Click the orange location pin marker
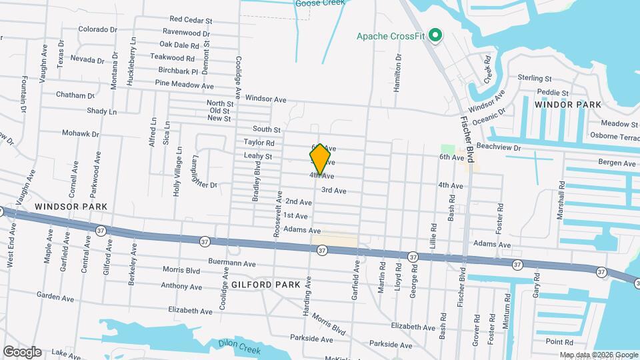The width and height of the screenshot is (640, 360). click(321, 159)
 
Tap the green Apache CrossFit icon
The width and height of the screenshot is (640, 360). click(436, 35)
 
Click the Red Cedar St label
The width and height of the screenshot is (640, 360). click(191, 20)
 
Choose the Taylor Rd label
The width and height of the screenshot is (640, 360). click(259, 142)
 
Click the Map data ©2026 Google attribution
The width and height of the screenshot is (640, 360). click(598, 355)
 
